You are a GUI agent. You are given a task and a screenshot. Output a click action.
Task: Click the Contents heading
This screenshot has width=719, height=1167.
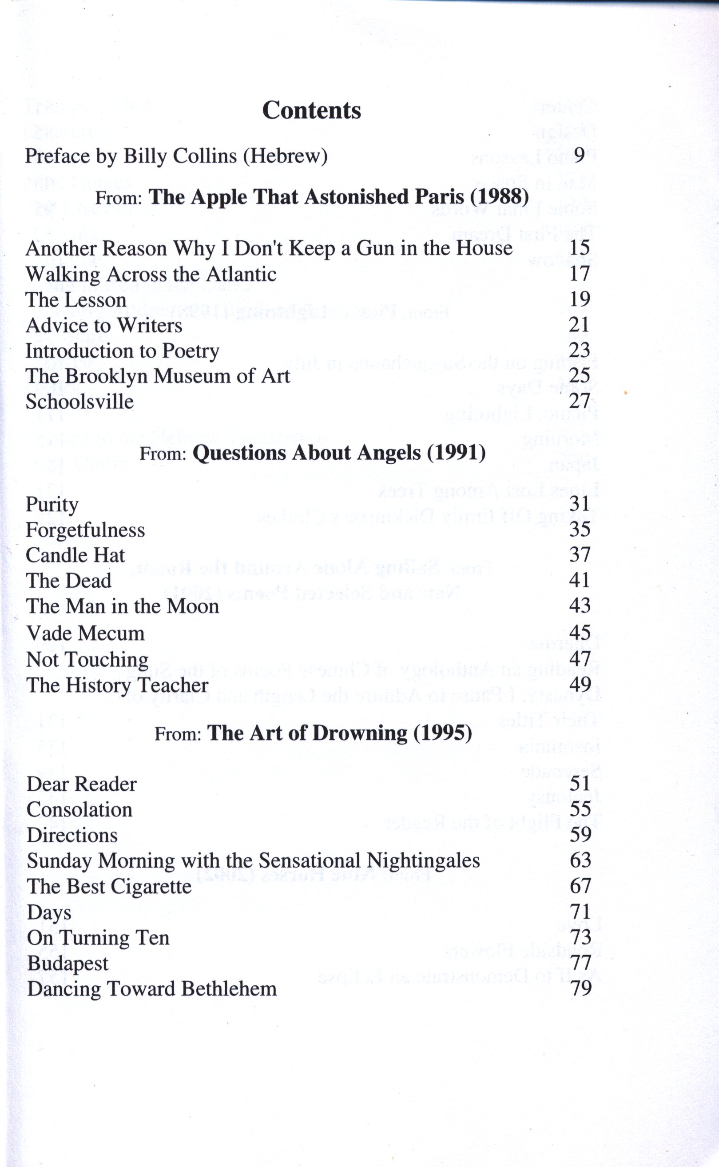[x=311, y=110]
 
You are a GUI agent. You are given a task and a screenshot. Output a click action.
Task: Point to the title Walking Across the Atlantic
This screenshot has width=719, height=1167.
[x=151, y=275]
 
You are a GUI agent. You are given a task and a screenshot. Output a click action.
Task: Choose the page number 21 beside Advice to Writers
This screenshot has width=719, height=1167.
[x=579, y=324]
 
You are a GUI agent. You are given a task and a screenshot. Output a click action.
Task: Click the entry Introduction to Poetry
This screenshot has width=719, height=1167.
[x=122, y=351]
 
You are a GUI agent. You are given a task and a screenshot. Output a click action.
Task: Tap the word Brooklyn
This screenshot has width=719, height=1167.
[x=121, y=376]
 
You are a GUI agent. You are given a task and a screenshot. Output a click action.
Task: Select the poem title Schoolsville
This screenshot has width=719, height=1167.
[x=79, y=402]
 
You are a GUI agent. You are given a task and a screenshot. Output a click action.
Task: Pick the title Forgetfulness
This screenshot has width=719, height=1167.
[x=85, y=530]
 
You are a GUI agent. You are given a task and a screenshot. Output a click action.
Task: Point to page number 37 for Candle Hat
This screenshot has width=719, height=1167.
[x=580, y=555]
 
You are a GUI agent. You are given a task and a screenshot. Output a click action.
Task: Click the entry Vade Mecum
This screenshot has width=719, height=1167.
[x=85, y=633]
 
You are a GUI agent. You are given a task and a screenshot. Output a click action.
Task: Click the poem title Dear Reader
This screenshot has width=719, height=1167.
[x=81, y=784]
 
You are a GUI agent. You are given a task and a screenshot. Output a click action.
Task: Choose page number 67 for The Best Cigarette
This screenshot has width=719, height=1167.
[x=580, y=886]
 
